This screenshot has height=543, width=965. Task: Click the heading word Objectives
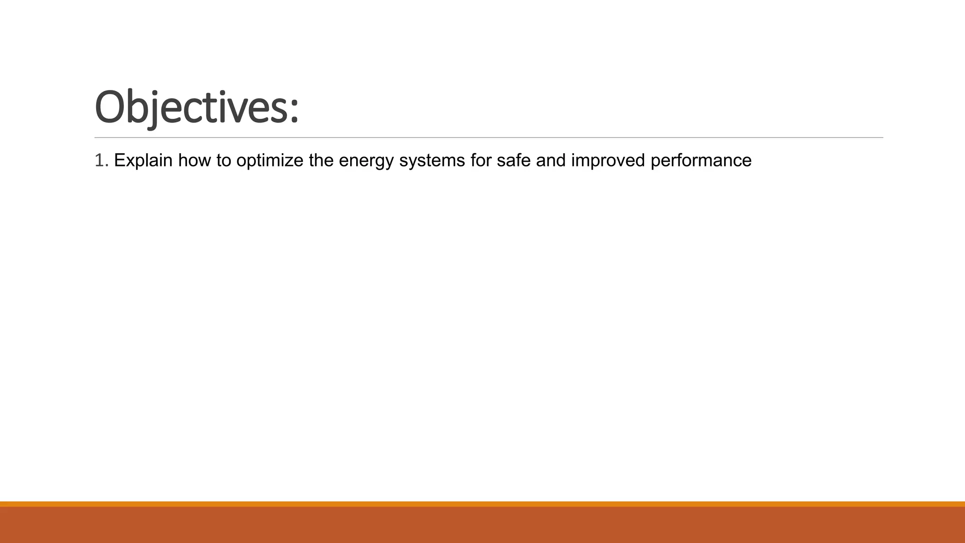tap(191, 107)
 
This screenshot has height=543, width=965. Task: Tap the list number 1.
tap(99, 161)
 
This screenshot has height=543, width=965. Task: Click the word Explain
tap(143, 161)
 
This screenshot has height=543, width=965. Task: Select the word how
tap(195, 161)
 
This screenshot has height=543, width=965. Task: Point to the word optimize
tap(270, 161)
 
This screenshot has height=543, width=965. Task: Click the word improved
tap(608, 161)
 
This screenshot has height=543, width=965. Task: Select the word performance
tap(701, 161)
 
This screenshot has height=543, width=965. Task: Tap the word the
tap(321, 161)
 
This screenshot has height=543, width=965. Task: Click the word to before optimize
tap(224, 161)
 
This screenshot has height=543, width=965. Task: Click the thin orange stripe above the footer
tap(482, 504)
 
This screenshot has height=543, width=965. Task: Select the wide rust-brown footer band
tap(482, 525)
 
